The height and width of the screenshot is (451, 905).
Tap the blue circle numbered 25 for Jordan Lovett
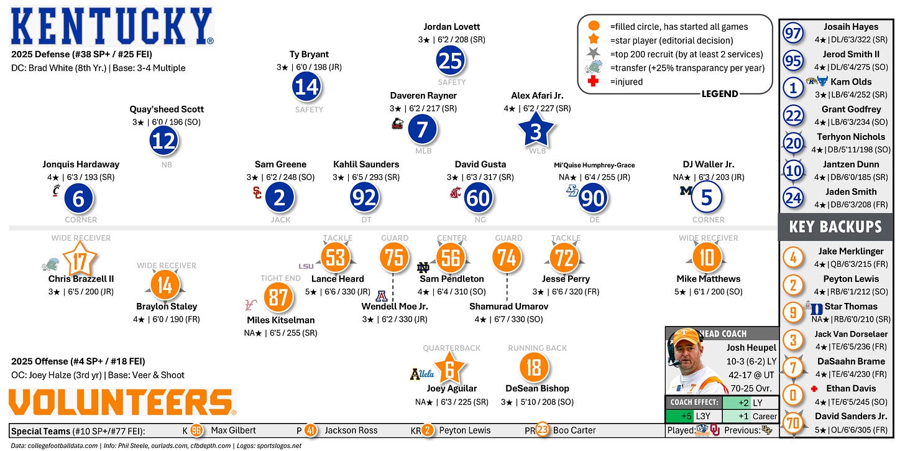coord(451,60)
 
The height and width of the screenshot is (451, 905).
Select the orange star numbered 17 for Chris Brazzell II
coord(80,261)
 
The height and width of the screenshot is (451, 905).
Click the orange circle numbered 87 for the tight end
coord(278,297)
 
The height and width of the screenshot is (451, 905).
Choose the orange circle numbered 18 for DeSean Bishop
coord(533,367)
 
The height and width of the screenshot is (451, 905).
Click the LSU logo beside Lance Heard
coord(306,266)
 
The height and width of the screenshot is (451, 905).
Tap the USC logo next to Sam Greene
coord(257,193)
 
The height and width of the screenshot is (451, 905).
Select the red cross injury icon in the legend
coord(593,81)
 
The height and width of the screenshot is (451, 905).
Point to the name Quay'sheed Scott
coord(167,109)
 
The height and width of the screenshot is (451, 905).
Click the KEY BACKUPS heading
coord(835,226)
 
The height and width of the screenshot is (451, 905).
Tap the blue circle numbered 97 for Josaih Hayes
coord(792,34)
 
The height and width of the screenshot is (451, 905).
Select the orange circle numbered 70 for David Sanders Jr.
coord(792,423)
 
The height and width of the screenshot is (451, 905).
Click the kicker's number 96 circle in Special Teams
coord(196,430)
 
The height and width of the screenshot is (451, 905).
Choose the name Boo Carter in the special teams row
coord(574,430)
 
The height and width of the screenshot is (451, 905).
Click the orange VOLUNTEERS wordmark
coord(122,402)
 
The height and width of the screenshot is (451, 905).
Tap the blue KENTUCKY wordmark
coord(112,26)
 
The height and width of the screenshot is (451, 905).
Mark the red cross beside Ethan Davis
coord(814,389)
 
